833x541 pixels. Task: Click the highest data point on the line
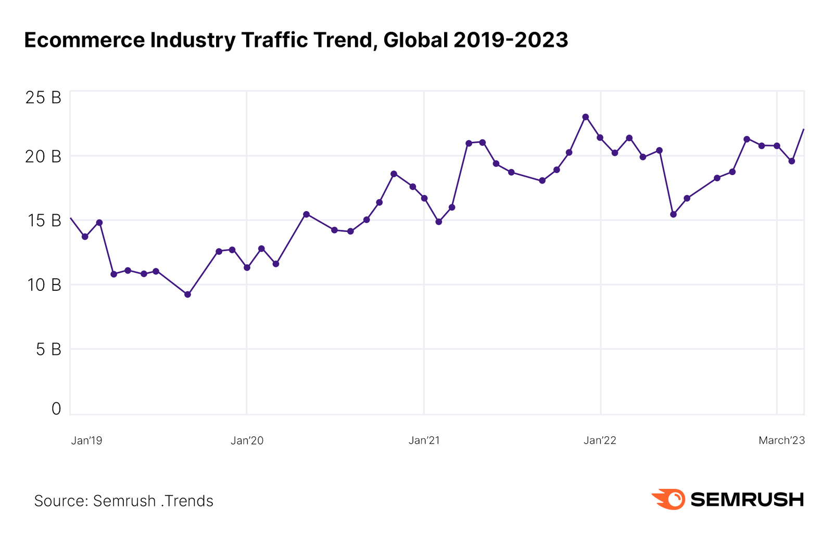[585, 117]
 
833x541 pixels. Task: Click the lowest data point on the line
[188, 294]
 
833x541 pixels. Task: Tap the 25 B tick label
[43, 97]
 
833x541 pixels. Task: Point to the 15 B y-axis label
[44, 220]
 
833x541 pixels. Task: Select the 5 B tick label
[48, 349]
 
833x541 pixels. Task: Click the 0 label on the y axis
[56, 409]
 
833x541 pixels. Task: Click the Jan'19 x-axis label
[86, 440]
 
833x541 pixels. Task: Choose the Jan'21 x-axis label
[424, 440]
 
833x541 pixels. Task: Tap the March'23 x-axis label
[781, 440]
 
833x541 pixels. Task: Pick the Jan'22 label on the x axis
[600, 440]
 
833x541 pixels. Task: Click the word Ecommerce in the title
[84, 41]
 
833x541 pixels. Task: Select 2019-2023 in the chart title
[510, 40]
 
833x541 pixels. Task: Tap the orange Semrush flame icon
[669, 499]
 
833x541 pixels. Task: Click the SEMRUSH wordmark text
[747, 500]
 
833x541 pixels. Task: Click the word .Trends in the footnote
[187, 501]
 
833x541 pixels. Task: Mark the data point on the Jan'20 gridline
[247, 267]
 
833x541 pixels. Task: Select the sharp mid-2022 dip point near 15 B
[673, 214]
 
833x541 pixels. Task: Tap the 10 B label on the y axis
[44, 285]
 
